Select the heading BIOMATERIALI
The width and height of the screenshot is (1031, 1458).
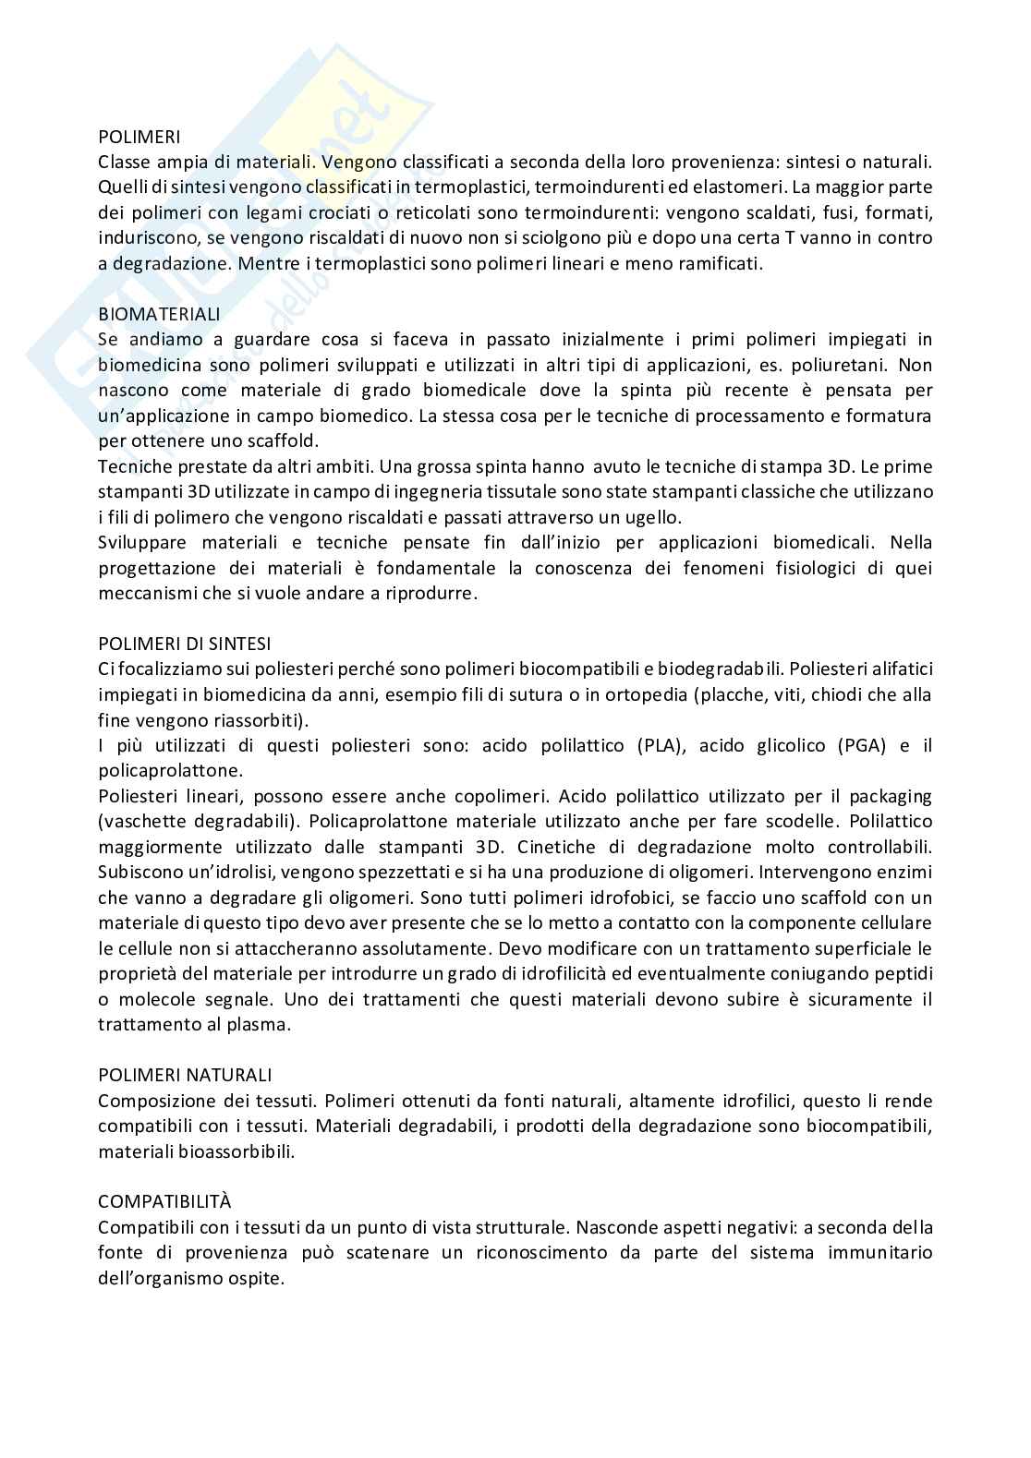point(159,314)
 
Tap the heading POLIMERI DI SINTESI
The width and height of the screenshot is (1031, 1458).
point(184,643)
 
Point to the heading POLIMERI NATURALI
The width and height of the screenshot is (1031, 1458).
point(185,1075)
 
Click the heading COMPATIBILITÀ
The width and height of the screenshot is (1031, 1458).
point(164,1201)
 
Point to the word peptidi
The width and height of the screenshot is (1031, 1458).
point(902,973)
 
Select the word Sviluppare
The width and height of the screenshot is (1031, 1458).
point(143,542)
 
